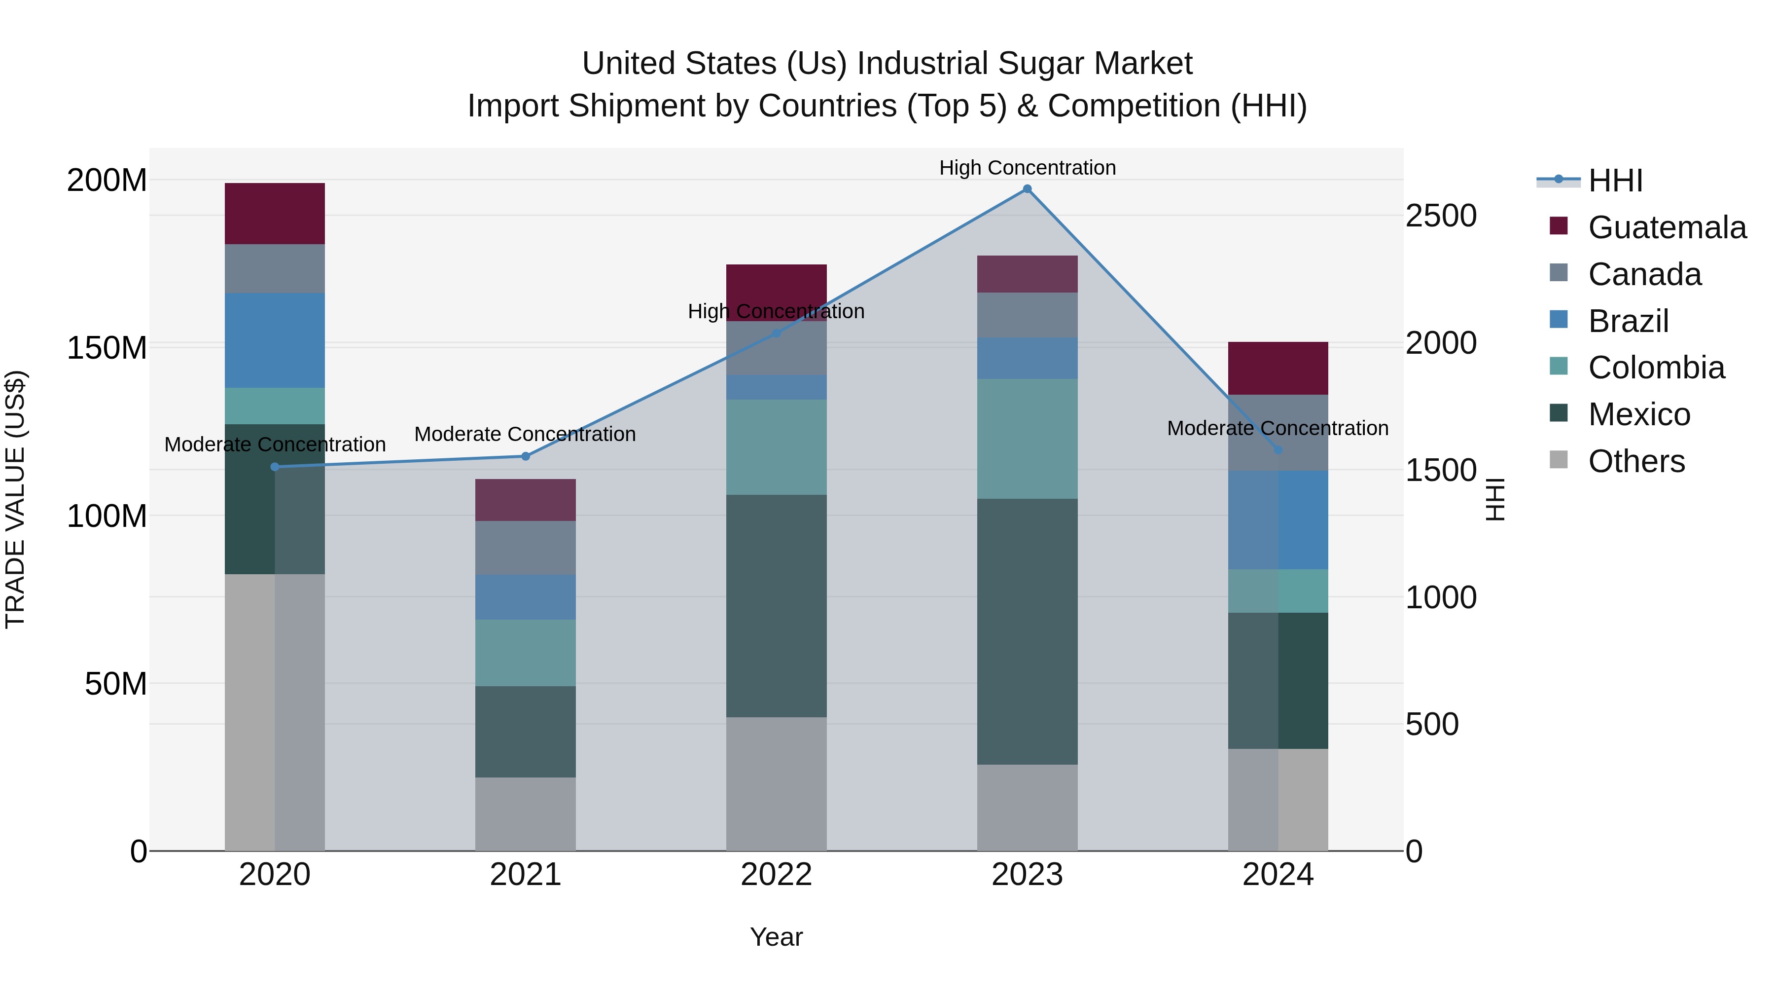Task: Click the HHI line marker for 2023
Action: [1027, 189]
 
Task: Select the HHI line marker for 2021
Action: [525, 456]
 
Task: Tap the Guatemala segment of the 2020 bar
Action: [274, 213]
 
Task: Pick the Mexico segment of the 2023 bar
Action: [1027, 631]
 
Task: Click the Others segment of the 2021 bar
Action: [525, 814]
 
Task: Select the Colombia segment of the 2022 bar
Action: [776, 447]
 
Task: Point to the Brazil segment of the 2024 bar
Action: [1278, 520]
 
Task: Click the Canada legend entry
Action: [1644, 274]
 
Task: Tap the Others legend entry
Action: [1636, 461]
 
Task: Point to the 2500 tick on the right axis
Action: [1441, 216]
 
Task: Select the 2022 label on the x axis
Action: [776, 875]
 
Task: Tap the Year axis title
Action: [776, 937]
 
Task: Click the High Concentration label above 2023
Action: [1027, 168]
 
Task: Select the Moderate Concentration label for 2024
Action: [1277, 428]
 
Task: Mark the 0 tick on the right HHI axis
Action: [1414, 851]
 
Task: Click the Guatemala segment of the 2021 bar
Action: [525, 500]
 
